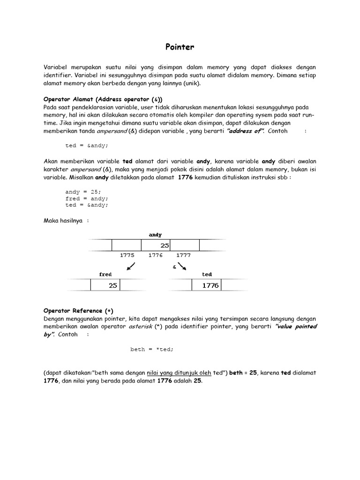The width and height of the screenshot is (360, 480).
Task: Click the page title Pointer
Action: coord(180,47)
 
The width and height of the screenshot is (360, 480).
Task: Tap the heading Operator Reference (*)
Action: coord(78,310)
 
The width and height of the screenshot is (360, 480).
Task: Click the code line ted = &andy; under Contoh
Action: coord(87,146)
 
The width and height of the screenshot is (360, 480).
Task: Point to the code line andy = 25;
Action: coord(83,192)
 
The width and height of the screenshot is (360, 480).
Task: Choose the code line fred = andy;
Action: coord(87,198)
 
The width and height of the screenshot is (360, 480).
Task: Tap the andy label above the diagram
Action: coord(155,235)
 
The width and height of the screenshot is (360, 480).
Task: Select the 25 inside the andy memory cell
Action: coord(165,246)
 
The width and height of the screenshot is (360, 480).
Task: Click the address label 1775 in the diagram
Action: coord(127,255)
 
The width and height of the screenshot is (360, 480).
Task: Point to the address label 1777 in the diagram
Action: coord(183,255)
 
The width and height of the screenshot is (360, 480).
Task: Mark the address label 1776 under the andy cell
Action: coord(155,255)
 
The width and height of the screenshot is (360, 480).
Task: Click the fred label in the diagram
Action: coord(105,274)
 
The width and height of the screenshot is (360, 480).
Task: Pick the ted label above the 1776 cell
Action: coord(207,274)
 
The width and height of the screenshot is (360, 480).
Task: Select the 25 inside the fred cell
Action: coord(113,285)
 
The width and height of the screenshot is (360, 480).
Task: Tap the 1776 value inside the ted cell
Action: coord(210,285)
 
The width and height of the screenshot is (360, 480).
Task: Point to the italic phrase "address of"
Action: coord(244,131)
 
